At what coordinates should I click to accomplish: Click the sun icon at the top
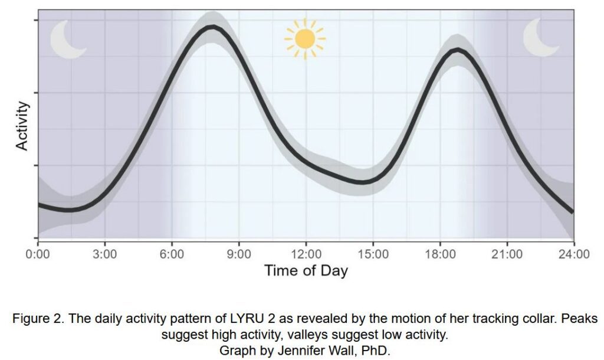pyautogui.click(x=304, y=39)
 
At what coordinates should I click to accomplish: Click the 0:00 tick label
pyautogui.click(x=38, y=254)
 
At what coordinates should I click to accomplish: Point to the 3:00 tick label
pyautogui.click(x=105, y=254)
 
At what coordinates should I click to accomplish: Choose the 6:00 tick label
pyautogui.click(x=172, y=254)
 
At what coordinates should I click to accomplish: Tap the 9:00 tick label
pyautogui.click(x=239, y=254)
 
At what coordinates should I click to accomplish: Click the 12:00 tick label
pyautogui.click(x=306, y=254)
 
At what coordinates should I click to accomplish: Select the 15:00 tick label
pyautogui.click(x=373, y=254)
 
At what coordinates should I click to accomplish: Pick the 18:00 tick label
pyautogui.click(x=440, y=254)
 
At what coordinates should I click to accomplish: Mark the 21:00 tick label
pyautogui.click(x=507, y=254)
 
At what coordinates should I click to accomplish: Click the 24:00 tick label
pyautogui.click(x=574, y=254)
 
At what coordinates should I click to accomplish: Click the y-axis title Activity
pyautogui.click(x=22, y=126)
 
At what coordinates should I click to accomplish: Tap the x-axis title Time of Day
pyautogui.click(x=306, y=271)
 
